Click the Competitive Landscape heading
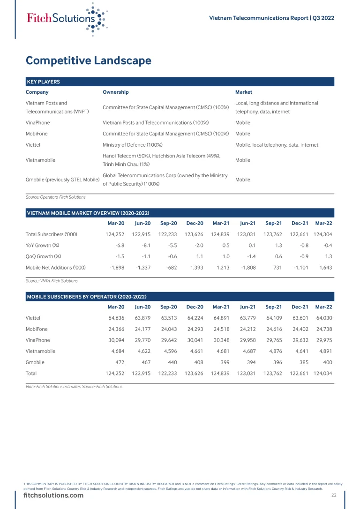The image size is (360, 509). tap(89, 61)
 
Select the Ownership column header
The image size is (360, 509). tap(115, 92)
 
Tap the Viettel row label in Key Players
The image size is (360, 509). tap(33, 145)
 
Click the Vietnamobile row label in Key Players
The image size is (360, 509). tap(40, 160)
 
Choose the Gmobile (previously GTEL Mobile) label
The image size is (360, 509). tap(62, 180)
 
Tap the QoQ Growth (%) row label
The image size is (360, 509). tap(44, 256)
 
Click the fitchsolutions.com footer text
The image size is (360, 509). tap(53, 495)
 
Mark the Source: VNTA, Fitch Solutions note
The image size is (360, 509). tap(52, 281)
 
